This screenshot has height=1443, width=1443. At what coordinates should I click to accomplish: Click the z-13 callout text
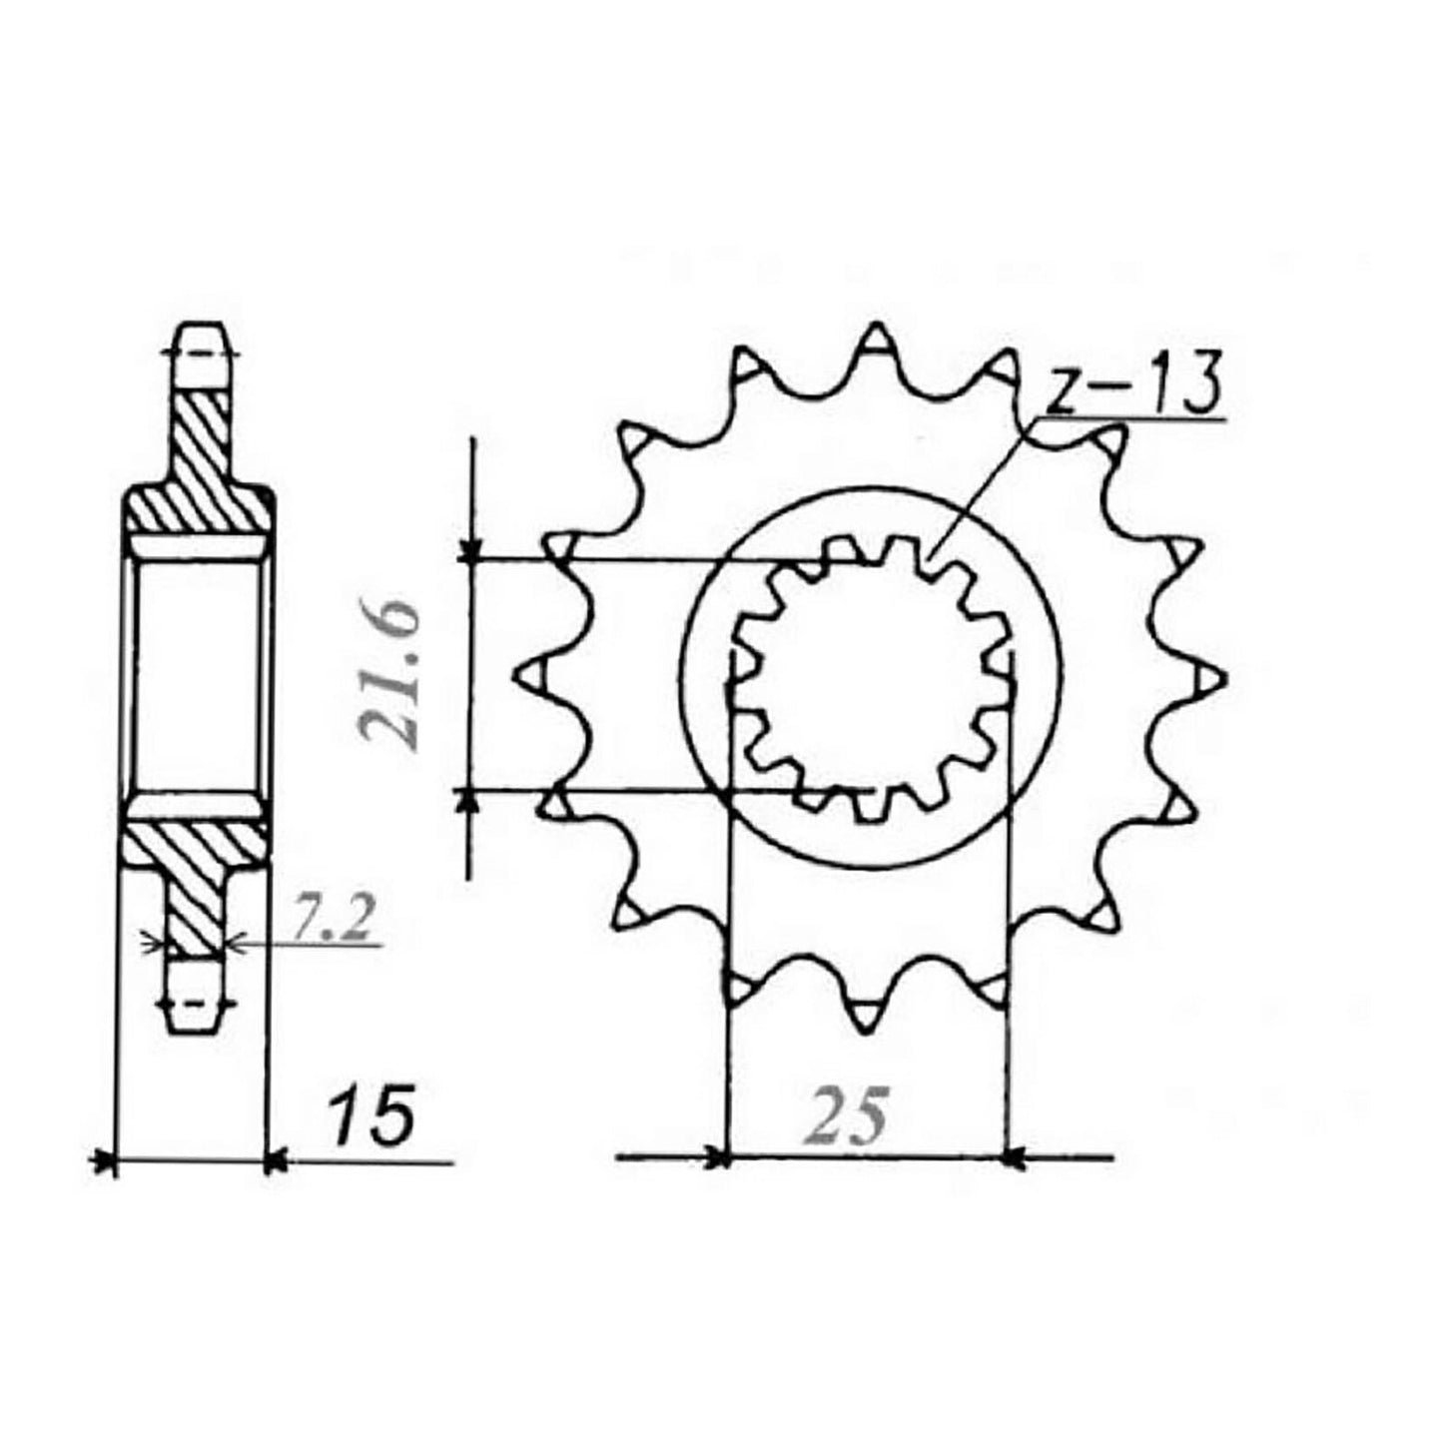[1133, 387]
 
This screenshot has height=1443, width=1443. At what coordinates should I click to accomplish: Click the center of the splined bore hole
[869, 676]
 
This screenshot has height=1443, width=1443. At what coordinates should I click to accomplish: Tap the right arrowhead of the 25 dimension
[1013, 1158]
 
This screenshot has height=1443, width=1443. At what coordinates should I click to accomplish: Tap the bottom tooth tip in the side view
[196, 1024]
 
